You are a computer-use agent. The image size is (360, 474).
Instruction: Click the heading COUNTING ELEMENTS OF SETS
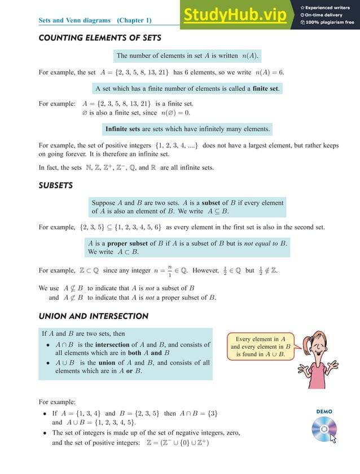point(99,38)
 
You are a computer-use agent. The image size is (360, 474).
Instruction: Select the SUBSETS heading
point(55,185)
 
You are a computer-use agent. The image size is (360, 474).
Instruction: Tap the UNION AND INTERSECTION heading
point(93,316)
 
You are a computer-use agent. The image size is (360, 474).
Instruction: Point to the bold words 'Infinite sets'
point(123,129)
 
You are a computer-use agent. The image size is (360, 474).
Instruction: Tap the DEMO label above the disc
point(324,411)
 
